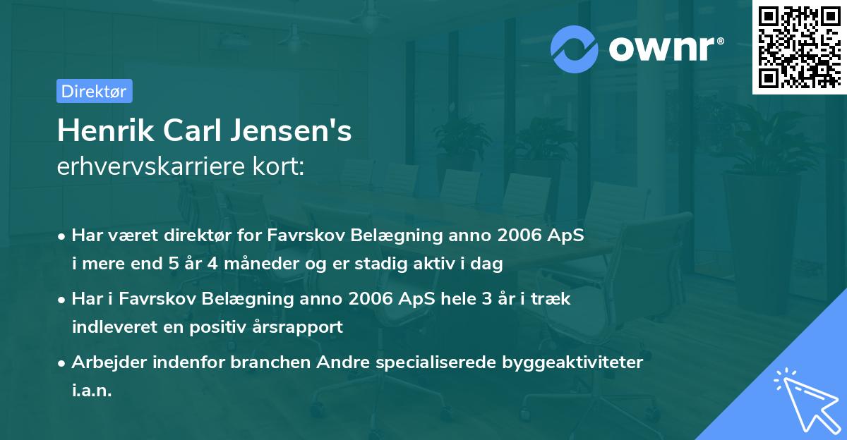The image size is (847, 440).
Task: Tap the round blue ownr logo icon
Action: (x=575, y=49)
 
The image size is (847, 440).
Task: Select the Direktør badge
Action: (x=94, y=91)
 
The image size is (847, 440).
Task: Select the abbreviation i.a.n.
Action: (x=92, y=391)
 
